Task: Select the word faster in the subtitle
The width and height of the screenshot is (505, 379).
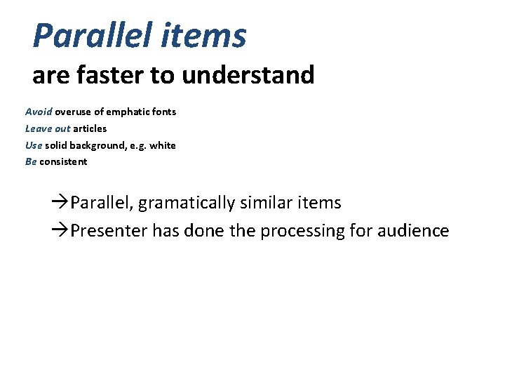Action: point(105,74)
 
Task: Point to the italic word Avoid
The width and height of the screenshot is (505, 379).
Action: point(39,112)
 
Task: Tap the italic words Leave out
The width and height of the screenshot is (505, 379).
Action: point(48,128)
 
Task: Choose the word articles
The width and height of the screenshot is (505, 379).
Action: point(90,128)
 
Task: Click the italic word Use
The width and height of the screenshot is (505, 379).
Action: point(34,145)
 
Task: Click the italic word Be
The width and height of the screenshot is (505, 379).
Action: point(31,161)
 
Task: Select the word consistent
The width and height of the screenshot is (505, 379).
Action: point(63,161)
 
